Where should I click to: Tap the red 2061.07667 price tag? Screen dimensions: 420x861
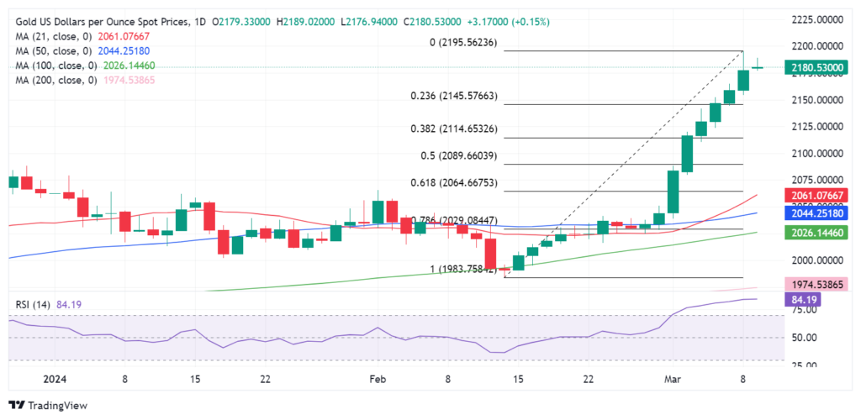(813, 196)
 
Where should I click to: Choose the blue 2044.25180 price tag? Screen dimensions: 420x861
(813, 213)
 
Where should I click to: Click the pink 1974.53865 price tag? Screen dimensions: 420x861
(813, 285)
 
